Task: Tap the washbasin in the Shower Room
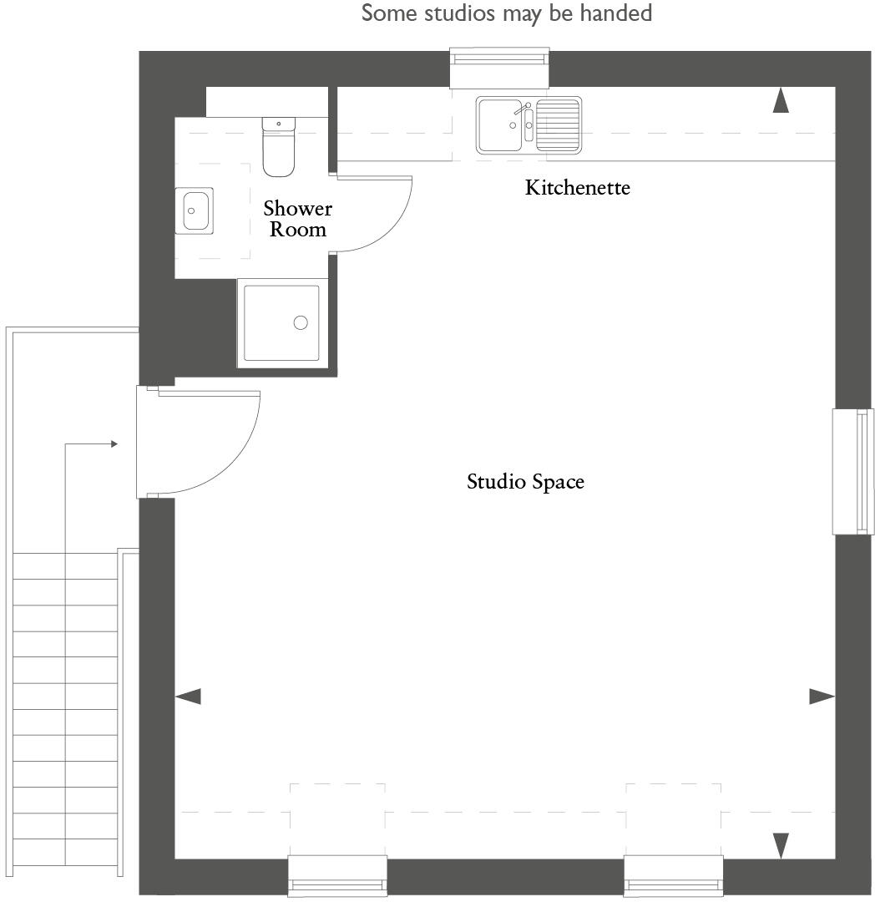point(195,210)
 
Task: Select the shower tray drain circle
point(301,322)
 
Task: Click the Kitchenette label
point(577,188)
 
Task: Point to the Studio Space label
point(525,482)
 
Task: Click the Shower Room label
point(297,219)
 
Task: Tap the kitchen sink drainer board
point(559,124)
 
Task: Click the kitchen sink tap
point(523,110)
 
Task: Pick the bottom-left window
point(337,877)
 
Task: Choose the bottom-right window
point(673,877)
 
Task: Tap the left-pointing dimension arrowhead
point(188,696)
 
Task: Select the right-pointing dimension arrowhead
point(822,696)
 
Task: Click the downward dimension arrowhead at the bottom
point(781,845)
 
